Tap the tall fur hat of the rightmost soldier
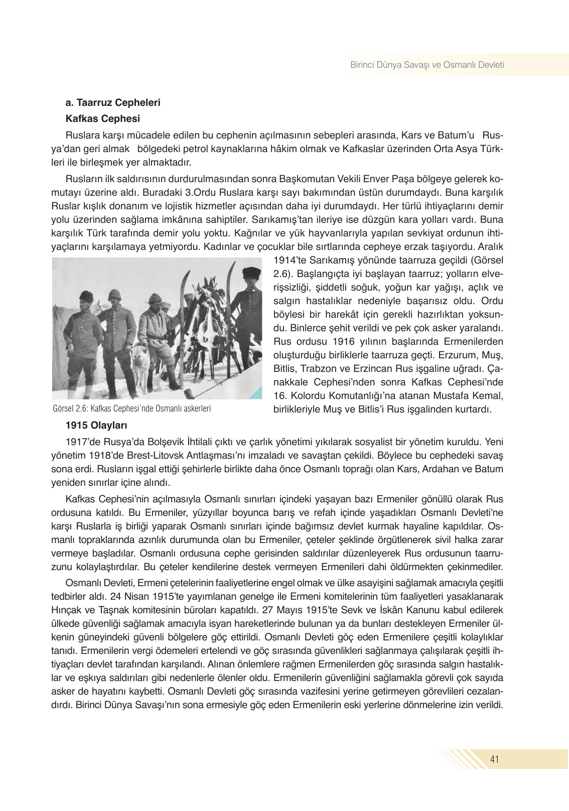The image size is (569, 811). (x=251, y=273)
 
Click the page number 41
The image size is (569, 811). (x=495, y=759)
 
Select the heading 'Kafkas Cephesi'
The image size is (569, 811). (x=102, y=119)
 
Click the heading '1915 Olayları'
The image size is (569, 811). (x=96, y=426)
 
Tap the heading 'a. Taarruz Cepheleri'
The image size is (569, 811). (x=113, y=103)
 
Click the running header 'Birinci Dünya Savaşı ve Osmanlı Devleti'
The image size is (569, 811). (x=427, y=65)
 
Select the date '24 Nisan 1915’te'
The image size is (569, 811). (x=143, y=597)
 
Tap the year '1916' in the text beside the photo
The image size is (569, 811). (x=343, y=341)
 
